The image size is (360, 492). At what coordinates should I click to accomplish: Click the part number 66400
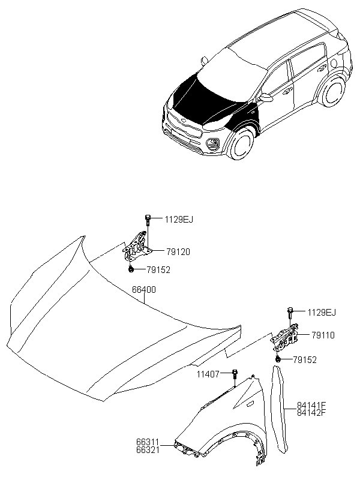(x=144, y=290)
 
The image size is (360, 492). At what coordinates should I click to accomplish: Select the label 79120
(x=178, y=252)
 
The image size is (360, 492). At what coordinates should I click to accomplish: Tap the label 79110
(x=323, y=335)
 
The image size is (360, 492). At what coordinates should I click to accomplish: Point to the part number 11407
(x=208, y=374)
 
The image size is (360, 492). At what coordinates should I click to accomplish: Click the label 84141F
(x=311, y=406)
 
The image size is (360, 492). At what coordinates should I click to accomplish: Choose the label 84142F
(x=311, y=412)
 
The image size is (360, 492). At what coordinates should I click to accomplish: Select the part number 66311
(x=148, y=442)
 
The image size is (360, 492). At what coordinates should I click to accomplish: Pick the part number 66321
(x=148, y=449)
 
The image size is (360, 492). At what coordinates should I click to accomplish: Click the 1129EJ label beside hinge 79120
(x=179, y=220)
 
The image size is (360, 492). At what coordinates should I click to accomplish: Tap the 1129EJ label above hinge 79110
(x=322, y=313)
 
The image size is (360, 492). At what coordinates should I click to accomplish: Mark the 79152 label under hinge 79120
(x=158, y=270)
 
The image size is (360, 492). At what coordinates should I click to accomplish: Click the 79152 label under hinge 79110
(x=305, y=359)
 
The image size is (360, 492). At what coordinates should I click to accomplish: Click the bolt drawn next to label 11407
(x=235, y=377)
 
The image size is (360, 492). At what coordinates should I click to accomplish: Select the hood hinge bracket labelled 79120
(x=137, y=247)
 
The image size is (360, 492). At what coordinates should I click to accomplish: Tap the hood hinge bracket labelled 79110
(x=284, y=340)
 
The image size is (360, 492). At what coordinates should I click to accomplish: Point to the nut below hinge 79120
(x=131, y=269)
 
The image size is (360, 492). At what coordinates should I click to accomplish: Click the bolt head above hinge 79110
(x=289, y=310)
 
